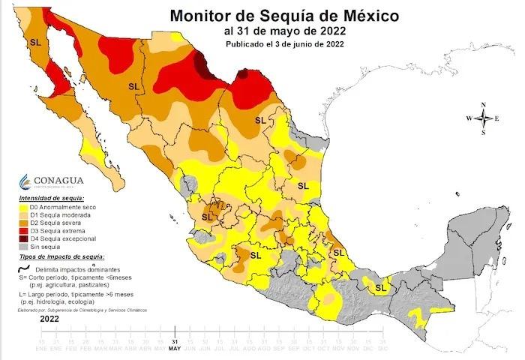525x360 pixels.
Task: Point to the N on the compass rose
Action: (x=484, y=105)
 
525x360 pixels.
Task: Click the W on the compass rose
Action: (x=469, y=118)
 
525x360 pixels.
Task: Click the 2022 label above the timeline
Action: (x=49, y=318)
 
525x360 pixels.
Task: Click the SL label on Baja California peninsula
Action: (x=34, y=42)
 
